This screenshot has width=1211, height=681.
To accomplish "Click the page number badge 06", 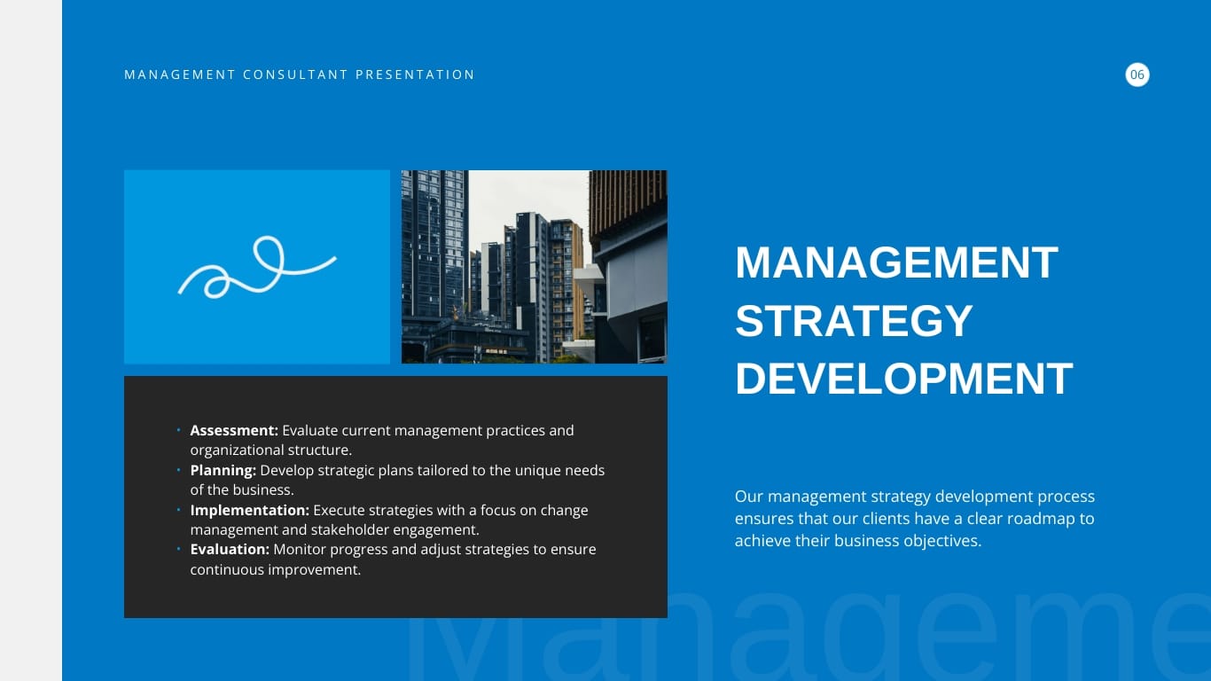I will [1137, 75].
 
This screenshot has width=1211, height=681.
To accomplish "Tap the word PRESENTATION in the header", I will [415, 75].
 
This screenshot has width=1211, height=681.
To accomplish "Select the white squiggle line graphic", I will [256, 267].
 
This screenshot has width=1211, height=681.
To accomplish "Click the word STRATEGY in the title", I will [854, 321].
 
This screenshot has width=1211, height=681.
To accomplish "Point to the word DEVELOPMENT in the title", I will [903, 379].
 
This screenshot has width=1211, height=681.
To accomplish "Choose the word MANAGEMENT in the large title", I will [896, 263].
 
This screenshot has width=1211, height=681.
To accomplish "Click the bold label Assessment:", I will [234, 431].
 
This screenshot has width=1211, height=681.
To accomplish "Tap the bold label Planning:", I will [223, 471].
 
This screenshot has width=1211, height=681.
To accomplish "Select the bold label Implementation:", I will [249, 511].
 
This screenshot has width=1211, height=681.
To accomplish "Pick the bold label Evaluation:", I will [230, 550].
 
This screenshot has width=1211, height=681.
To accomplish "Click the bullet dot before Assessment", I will [178, 431].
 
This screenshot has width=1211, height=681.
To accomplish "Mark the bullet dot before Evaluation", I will [178, 550].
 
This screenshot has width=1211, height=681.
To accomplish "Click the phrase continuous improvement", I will [275, 570].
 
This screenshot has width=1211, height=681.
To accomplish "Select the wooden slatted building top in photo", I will [628, 197].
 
